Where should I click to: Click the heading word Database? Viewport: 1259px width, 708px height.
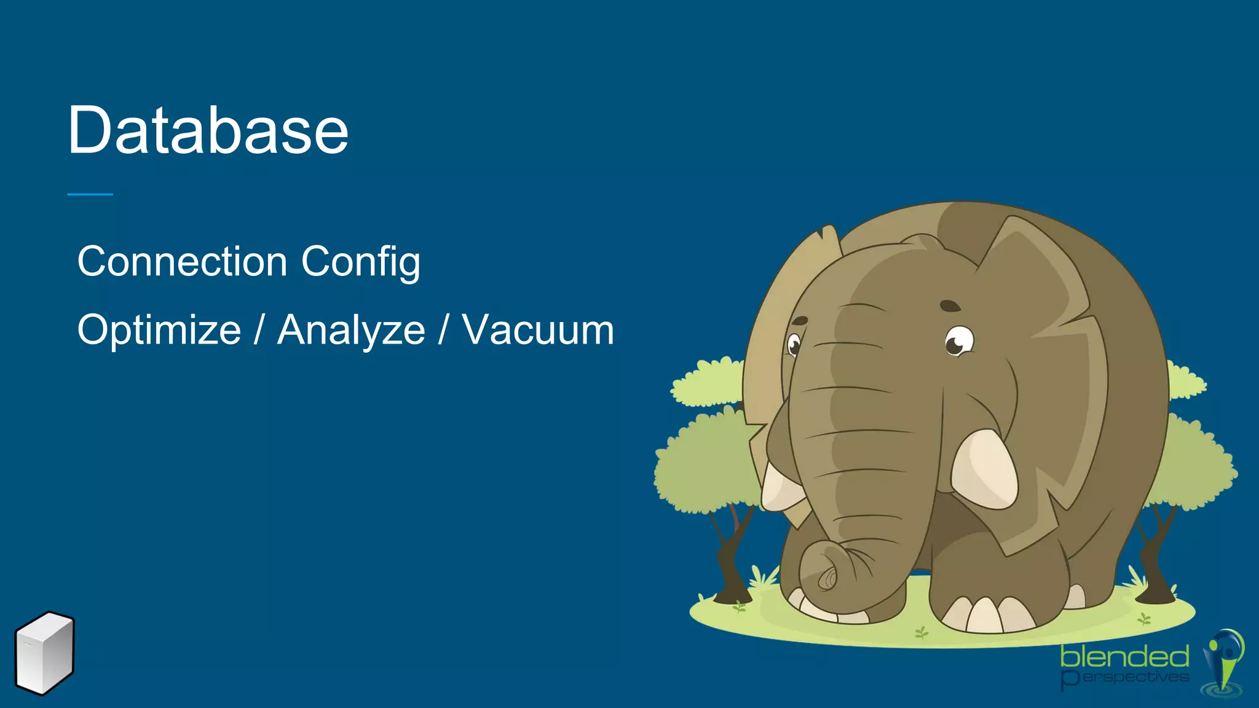click(208, 130)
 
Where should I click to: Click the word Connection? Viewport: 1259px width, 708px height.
click(182, 262)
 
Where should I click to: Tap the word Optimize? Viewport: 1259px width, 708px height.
click(159, 331)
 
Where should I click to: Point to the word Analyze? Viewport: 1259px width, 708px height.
click(351, 331)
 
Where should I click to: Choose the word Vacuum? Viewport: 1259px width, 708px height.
click(538, 331)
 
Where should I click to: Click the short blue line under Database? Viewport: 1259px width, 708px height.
click(90, 194)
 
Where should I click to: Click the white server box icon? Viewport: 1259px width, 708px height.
click(44, 653)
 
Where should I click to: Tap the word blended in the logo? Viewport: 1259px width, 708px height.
click(1124, 657)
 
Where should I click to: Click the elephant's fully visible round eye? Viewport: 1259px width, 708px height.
click(958, 342)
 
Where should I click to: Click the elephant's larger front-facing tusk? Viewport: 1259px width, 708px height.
click(984, 470)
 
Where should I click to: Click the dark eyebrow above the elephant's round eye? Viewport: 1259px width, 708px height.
click(950, 305)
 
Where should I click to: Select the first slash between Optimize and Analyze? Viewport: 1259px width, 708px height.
click(259, 331)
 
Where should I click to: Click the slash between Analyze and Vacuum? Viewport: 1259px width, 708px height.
click(443, 331)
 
